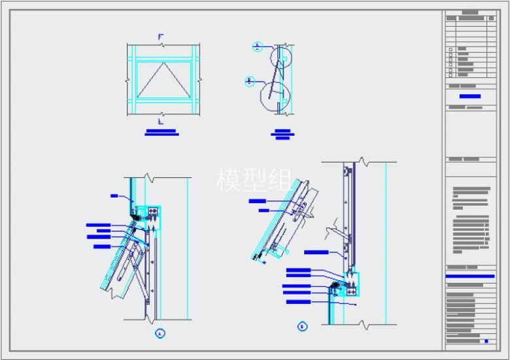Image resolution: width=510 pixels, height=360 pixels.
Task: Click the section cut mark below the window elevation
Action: coord(160,121)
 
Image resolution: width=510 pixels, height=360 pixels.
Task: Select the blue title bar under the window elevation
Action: coord(161,133)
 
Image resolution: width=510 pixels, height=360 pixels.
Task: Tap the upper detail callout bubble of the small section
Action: coord(258,47)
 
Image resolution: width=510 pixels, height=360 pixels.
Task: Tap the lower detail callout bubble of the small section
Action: coord(249,82)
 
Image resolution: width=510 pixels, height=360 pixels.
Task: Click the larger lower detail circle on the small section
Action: coord(273,95)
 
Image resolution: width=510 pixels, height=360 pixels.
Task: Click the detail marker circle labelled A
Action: coord(160,333)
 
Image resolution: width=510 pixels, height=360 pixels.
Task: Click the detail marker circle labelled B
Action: coord(301,326)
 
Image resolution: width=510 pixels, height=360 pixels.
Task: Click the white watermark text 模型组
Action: coord(254,179)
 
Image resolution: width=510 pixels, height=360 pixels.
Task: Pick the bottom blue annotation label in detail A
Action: coord(103,246)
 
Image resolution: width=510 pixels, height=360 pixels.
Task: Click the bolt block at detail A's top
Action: coord(153,211)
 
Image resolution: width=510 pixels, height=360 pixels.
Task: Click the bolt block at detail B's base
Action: coord(351,288)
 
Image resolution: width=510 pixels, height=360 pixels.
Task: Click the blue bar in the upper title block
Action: coord(469,97)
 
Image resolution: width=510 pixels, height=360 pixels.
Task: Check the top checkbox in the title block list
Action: coord(450,49)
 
